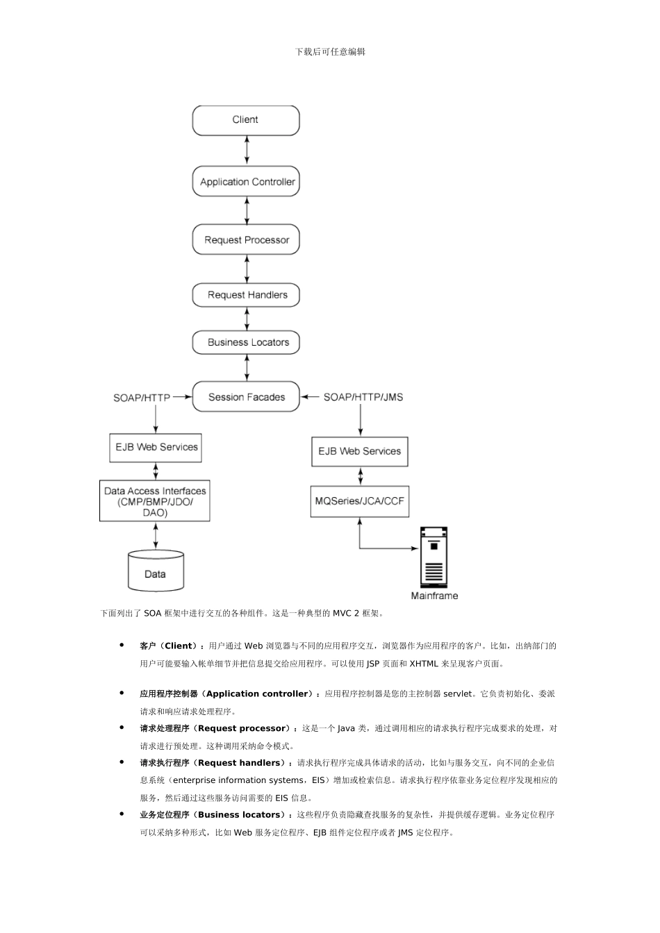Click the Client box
tap(245, 120)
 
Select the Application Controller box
tap(246, 182)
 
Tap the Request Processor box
tap(246, 239)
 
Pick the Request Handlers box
tap(246, 295)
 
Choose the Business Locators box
tap(246, 342)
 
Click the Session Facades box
tap(246, 397)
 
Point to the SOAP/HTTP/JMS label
tap(363, 397)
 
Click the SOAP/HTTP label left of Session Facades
tap(142, 398)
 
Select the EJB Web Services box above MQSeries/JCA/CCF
tap(359, 451)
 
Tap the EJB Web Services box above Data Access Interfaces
tap(156, 448)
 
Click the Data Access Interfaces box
tap(155, 501)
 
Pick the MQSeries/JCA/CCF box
tap(359, 501)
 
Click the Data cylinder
tap(156, 571)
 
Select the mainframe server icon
tap(434, 557)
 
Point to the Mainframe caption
tap(434, 596)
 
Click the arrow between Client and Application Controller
tap(247, 150)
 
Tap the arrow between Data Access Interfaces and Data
tap(156, 535)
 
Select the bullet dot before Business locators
tap(122, 814)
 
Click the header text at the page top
tap(330, 51)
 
